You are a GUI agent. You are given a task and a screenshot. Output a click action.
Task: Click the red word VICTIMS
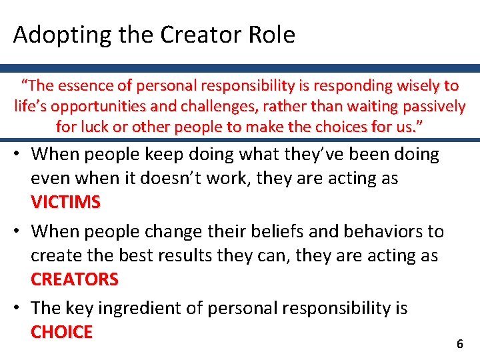66,202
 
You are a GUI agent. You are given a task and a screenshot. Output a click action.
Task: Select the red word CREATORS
75,279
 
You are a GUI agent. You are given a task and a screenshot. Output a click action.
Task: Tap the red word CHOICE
62,332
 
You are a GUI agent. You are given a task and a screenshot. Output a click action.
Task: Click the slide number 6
459,344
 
